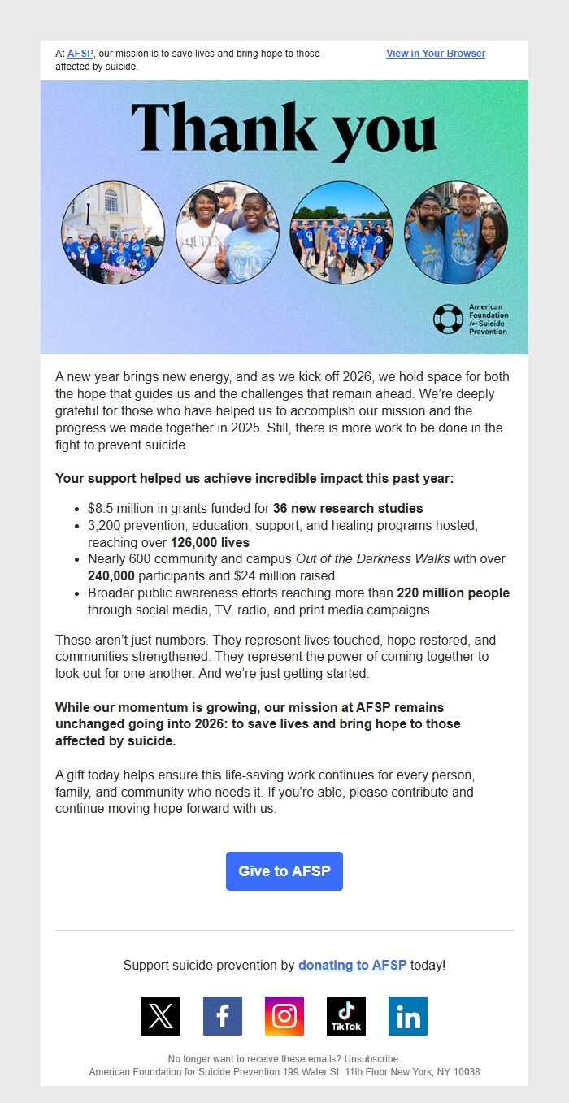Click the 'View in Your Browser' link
click(x=436, y=54)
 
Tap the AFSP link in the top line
click(x=80, y=54)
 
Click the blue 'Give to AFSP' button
click(x=284, y=871)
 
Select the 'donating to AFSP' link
click(x=352, y=966)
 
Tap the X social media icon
click(x=161, y=1016)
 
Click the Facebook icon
click(x=223, y=1016)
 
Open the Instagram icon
click(x=284, y=1016)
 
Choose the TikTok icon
click(x=346, y=1016)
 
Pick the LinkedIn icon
click(x=408, y=1016)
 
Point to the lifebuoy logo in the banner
click(x=448, y=319)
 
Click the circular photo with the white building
click(x=113, y=232)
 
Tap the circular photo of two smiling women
click(x=228, y=232)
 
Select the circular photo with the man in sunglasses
click(x=456, y=232)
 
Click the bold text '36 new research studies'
click(x=348, y=509)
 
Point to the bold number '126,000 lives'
click(x=210, y=543)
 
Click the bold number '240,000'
click(x=111, y=576)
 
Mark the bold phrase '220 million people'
click(x=453, y=593)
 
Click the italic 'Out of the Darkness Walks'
click(x=361, y=559)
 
